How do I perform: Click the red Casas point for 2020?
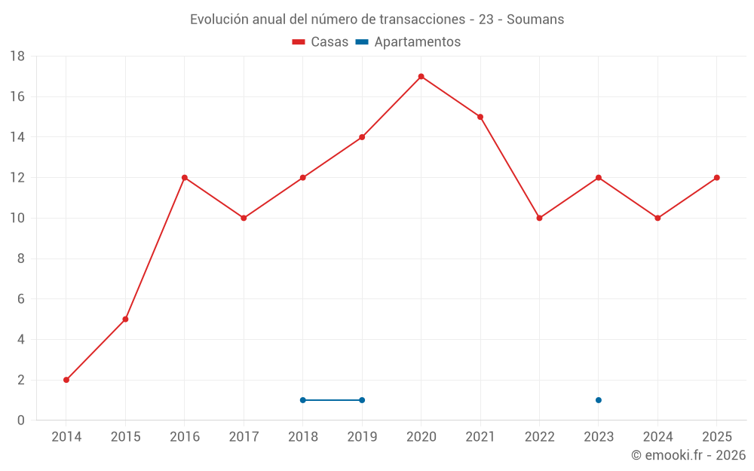[x=421, y=76]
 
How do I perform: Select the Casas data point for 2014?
[x=66, y=380]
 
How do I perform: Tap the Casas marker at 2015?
[x=125, y=319]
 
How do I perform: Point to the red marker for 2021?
[x=480, y=117]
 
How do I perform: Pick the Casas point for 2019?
[x=362, y=137]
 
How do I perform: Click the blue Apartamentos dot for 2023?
[x=599, y=400]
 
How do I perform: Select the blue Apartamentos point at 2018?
[x=303, y=400]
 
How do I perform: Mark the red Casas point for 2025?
[x=717, y=178]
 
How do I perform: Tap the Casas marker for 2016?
[x=185, y=178]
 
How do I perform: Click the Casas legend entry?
[x=320, y=41]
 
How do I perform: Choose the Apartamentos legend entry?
[x=408, y=41]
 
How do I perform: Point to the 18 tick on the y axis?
[x=17, y=57]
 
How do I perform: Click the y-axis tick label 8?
[x=20, y=258]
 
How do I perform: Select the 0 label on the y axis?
[x=20, y=420]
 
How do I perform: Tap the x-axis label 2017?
[x=244, y=436]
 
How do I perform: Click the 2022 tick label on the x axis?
[x=540, y=436]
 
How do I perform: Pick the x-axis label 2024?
[x=657, y=436]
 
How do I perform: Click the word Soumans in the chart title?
[x=535, y=20]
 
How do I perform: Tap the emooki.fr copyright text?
[x=688, y=454]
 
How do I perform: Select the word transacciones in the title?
[x=422, y=20]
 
